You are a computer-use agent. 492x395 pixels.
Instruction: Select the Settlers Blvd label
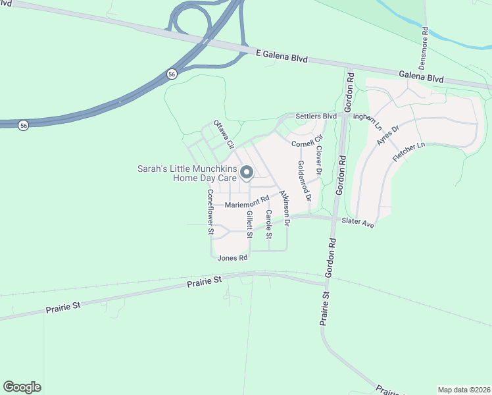pos(316,117)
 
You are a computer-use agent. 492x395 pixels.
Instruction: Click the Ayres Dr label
pos(388,137)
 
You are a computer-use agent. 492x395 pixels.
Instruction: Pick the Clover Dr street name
pos(319,161)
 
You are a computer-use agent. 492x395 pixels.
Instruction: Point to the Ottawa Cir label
pos(224,134)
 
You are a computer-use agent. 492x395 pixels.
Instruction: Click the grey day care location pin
pos(247,173)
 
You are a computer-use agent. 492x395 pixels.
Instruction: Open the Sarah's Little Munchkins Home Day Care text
pos(187,173)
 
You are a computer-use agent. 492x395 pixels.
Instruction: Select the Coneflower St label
pos(210,212)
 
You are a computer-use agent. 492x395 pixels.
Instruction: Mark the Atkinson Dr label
pos(284,208)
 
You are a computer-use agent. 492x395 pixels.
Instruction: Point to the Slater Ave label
pos(358,223)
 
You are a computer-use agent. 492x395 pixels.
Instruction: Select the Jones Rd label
pos(232,258)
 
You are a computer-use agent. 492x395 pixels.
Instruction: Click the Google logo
pos(22,387)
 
